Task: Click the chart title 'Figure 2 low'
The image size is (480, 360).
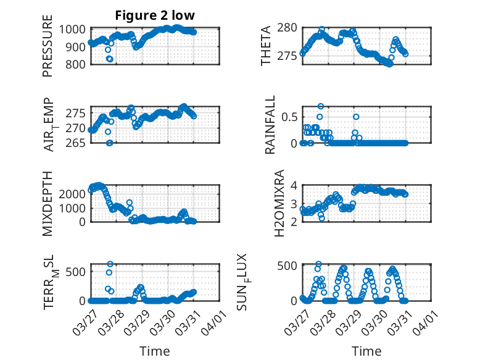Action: pyautogui.click(x=155, y=16)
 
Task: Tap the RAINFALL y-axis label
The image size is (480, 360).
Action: pyautogui.click(x=270, y=125)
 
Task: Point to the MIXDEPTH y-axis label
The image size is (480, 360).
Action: pyautogui.click(x=48, y=204)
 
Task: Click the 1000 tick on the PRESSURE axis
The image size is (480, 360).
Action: pyautogui.click(x=74, y=29)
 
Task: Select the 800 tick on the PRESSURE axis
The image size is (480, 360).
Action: pyautogui.click(x=77, y=64)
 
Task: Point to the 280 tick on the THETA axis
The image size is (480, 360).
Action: pyautogui.click(x=288, y=28)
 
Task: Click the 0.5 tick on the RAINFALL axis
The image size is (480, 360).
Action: pyautogui.click(x=290, y=117)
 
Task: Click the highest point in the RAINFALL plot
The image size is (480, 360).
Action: pyautogui.click(x=321, y=106)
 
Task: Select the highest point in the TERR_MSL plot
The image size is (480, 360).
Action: pyautogui.click(x=110, y=264)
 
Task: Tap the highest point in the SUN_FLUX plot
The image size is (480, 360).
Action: pyautogui.click(x=319, y=264)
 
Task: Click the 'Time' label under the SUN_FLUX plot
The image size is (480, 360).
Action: pyautogui.click(x=366, y=351)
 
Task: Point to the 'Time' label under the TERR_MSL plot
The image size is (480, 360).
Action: pyautogui.click(x=155, y=351)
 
